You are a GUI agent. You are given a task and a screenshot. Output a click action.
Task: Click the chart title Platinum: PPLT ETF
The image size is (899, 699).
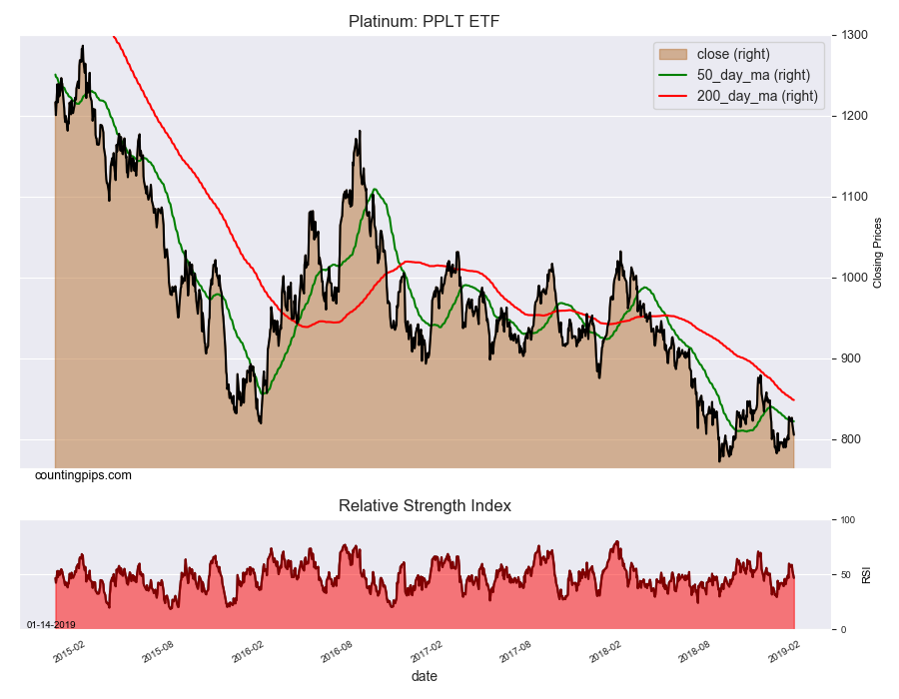click(425, 21)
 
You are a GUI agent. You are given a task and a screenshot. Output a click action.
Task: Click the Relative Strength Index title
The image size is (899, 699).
click(425, 506)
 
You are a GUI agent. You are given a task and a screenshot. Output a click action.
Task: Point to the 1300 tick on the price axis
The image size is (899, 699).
click(853, 35)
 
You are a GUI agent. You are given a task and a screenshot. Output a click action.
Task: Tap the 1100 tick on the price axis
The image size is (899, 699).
click(853, 197)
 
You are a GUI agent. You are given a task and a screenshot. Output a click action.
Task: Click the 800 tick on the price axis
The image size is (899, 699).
click(850, 439)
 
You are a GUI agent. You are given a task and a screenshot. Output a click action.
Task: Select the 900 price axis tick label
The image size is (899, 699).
click(850, 358)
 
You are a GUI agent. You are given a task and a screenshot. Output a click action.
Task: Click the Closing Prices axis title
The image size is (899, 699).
click(878, 252)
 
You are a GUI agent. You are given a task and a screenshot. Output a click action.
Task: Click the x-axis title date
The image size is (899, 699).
click(424, 677)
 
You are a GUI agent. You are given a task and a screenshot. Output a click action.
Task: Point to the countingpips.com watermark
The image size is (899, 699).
click(83, 475)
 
